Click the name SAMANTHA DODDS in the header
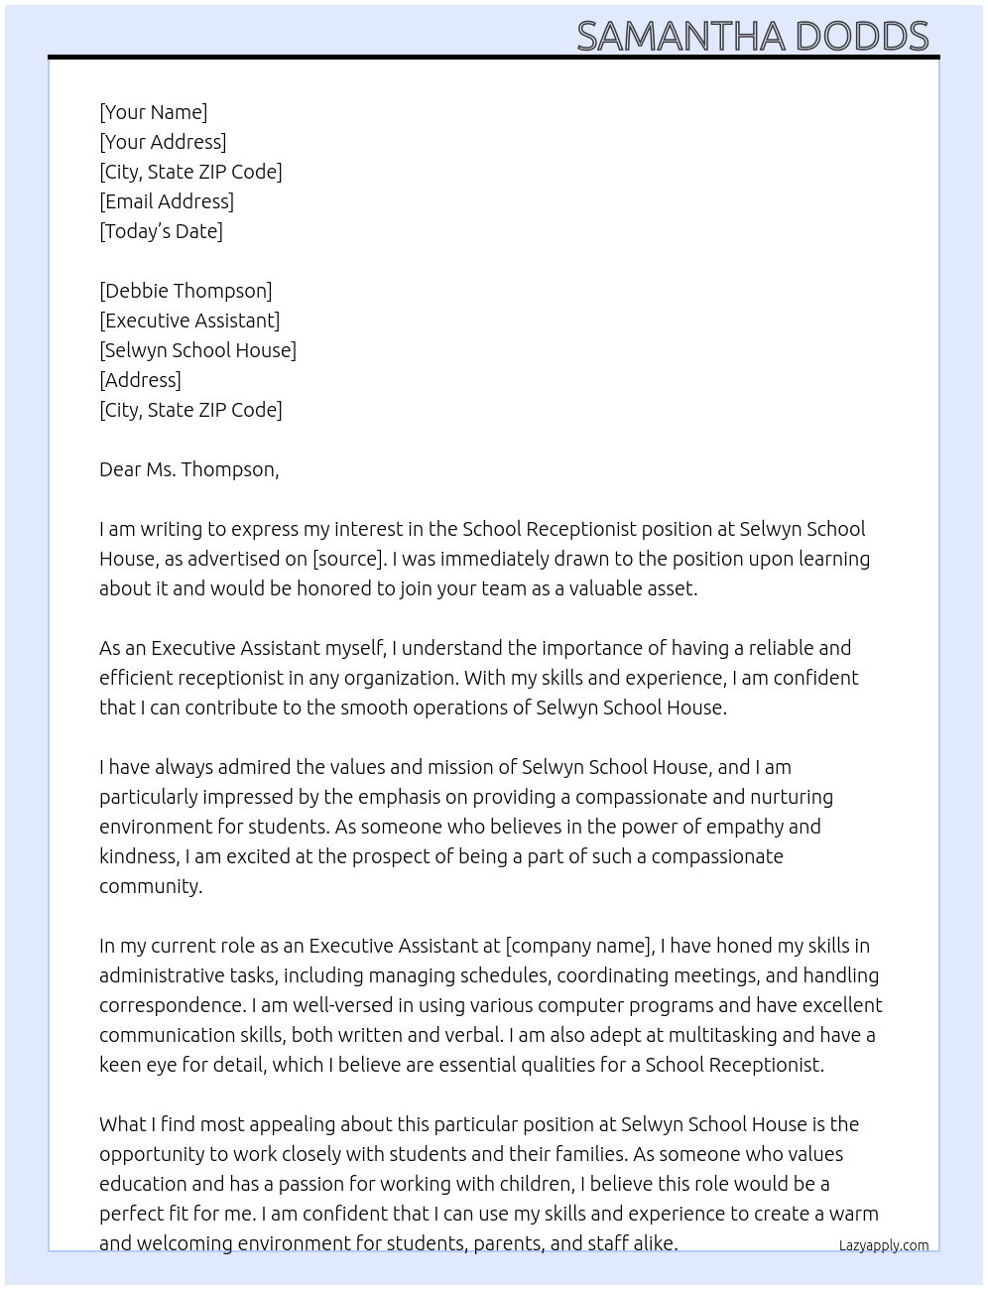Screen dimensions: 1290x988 pos(752,36)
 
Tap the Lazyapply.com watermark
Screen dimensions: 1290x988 pos(883,1245)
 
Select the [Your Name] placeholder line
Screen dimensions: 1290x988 pos(153,112)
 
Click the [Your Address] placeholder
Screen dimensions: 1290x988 pos(163,142)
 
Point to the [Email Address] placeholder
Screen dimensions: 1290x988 pos(167,201)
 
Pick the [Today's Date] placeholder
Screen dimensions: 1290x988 pos(161,231)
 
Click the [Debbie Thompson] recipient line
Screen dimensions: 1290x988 pos(185,291)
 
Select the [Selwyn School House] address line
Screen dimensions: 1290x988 pos(197,350)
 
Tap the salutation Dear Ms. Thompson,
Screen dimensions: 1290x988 pos(188,469)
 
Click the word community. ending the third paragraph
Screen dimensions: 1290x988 pos(151,886)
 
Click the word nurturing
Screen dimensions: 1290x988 pos(792,797)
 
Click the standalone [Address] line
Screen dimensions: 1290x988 pos(140,380)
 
